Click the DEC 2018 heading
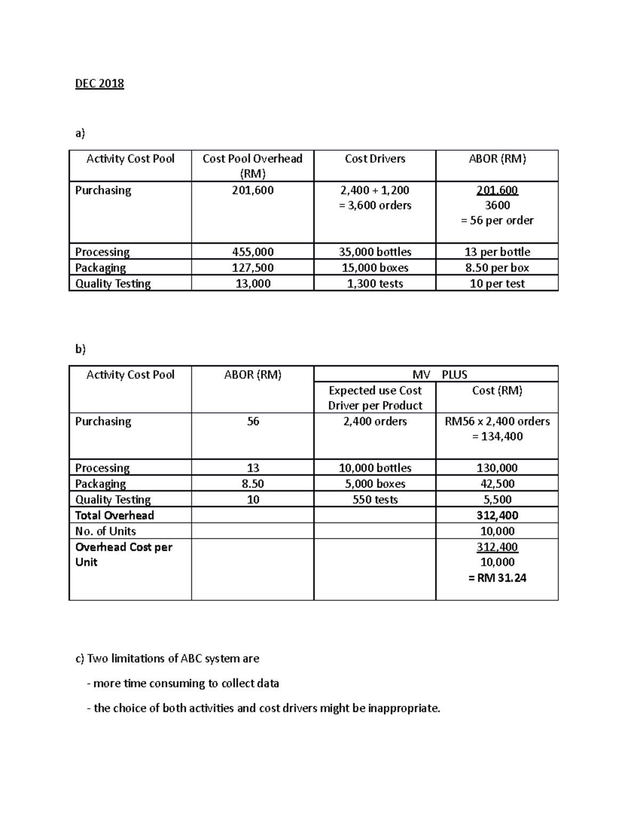click(x=99, y=84)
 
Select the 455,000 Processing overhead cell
click(x=253, y=252)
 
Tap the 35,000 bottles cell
click(x=375, y=252)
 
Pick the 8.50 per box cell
click(x=497, y=268)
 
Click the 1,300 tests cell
click(x=375, y=284)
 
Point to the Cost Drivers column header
click(x=375, y=159)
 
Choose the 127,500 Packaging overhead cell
click(x=253, y=268)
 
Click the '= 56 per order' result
click(x=497, y=221)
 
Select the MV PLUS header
click(x=436, y=374)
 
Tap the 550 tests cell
click(x=375, y=500)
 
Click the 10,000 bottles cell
click(x=375, y=468)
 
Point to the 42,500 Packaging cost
click(x=497, y=484)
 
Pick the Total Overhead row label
click(x=115, y=516)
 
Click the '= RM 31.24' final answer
click(x=497, y=578)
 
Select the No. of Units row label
click(x=106, y=531)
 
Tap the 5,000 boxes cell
click(x=375, y=484)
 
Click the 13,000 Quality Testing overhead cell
click(x=253, y=284)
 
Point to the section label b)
click(x=80, y=349)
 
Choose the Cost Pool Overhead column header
click(x=253, y=165)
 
